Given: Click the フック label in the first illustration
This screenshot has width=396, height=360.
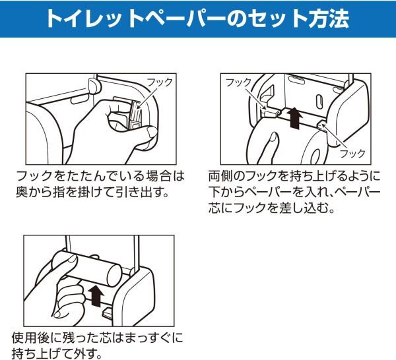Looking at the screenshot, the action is click(159, 82).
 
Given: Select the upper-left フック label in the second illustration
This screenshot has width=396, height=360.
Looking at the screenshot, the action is click(238, 82).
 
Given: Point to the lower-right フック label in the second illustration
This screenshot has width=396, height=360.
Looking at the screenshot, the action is click(353, 154).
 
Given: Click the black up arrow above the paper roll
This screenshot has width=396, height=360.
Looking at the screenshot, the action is click(296, 118).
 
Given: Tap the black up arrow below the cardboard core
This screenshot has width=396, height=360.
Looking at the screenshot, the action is click(96, 296).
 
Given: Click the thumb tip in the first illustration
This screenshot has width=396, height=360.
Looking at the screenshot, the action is click(152, 131).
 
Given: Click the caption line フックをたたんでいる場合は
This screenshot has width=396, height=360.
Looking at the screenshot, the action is click(100, 176).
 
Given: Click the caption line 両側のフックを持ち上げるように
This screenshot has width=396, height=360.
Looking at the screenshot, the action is click(294, 176).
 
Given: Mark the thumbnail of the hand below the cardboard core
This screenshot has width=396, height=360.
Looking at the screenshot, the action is click(59, 314).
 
